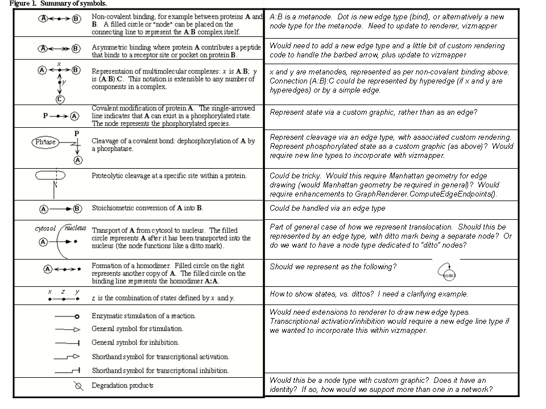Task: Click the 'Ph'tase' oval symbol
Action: pos(45,142)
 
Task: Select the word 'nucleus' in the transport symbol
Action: pos(75,228)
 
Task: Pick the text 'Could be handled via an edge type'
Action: pos(327,208)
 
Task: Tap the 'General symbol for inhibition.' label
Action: pos(135,343)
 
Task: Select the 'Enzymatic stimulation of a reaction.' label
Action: pos(143,316)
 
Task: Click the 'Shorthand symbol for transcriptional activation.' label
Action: pos(160,357)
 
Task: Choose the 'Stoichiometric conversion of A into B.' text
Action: pos(147,208)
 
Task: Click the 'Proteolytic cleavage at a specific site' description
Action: pos(169,176)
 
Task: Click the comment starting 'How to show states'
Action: pos(369,294)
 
